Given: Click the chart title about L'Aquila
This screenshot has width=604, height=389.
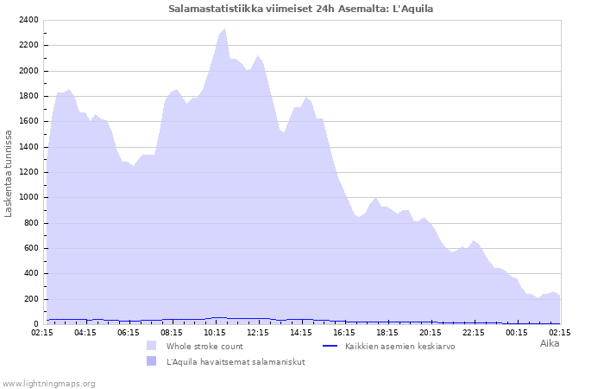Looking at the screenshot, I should click(301, 9).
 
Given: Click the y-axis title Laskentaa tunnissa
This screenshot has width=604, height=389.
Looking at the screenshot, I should click(9, 173).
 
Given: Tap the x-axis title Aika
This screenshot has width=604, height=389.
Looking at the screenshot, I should click(550, 343).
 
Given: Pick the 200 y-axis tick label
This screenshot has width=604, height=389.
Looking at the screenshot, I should click(30, 299).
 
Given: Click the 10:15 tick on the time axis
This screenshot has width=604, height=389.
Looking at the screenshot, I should click(215, 332).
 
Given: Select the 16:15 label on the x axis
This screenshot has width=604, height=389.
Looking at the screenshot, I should click(344, 332).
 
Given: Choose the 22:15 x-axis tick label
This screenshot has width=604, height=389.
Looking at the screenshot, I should click(474, 332).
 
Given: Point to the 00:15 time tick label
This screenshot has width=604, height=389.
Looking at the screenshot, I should click(517, 332).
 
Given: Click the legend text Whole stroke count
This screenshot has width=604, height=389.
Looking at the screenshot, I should click(204, 346).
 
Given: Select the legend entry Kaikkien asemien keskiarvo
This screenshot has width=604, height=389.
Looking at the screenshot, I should click(400, 346).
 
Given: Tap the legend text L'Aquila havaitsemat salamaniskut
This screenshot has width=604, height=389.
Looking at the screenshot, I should click(236, 361).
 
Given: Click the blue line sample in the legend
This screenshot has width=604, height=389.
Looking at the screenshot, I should click(329, 346).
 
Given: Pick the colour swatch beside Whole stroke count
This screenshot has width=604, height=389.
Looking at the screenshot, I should click(151, 346).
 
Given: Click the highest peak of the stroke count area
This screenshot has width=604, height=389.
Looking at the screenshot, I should click(225, 30).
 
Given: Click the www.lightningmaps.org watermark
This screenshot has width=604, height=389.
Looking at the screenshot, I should click(49, 383).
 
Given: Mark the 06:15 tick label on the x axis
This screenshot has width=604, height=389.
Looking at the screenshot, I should click(129, 332).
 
